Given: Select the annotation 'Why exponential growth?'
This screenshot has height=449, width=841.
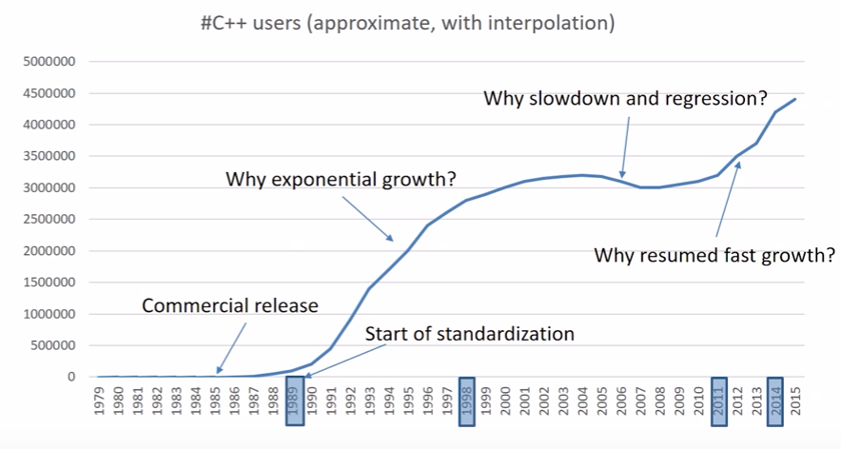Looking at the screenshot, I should (x=341, y=179).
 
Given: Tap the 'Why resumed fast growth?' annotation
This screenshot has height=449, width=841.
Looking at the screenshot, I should (x=714, y=255).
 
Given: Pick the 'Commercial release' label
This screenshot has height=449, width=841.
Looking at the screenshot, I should (x=230, y=306).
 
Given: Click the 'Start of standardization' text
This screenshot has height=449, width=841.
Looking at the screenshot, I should (x=470, y=334).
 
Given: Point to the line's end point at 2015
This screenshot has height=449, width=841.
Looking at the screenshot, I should (x=794, y=99).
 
